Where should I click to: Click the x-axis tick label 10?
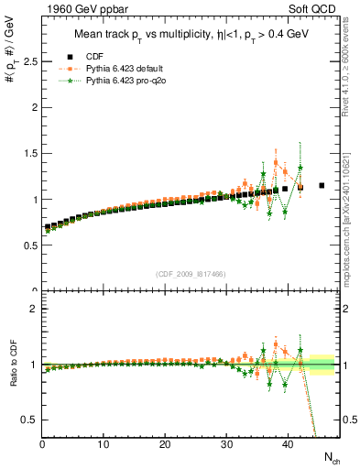click(x=104, y=445)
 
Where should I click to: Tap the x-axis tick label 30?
click(x=226, y=445)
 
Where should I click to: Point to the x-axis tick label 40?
click(x=288, y=445)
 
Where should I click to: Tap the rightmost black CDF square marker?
click(x=322, y=186)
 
